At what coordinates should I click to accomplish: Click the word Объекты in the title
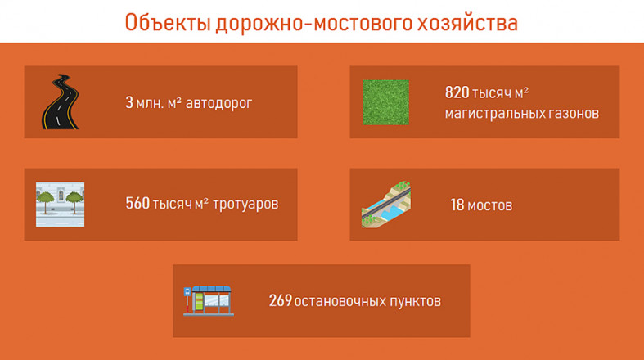click(168, 23)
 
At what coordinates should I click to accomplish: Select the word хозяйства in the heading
click(467, 23)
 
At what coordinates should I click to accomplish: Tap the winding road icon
click(61, 102)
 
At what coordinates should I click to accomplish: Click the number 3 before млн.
click(129, 102)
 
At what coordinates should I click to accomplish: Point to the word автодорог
click(218, 103)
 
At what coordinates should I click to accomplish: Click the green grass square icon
click(385, 102)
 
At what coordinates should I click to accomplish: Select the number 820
click(457, 92)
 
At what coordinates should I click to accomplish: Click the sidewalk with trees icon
click(60, 205)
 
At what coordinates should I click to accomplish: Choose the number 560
click(137, 203)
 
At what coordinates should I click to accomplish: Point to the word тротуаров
click(245, 204)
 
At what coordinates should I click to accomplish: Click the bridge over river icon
click(386, 205)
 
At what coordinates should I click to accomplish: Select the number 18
click(457, 205)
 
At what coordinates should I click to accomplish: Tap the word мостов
click(490, 205)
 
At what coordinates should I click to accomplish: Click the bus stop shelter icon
click(209, 301)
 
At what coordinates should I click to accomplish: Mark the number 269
click(281, 301)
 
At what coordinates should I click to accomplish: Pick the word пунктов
click(415, 301)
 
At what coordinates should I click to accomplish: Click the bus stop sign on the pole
click(187, 292)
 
